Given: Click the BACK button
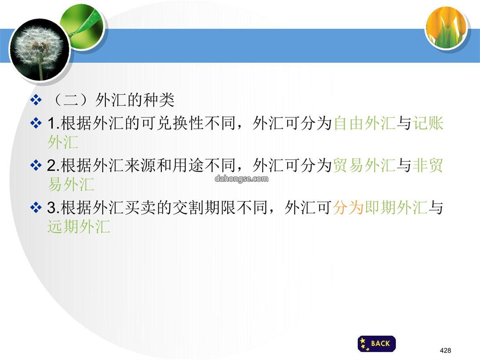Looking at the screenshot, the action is point(376,344).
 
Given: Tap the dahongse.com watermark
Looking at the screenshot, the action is point(241,179).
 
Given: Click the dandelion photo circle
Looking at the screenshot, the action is point(39,50).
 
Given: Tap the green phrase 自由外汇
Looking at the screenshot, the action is point(364,123).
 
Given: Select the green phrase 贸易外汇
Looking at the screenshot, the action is point(364,165).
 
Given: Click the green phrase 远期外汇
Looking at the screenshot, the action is point(79,227).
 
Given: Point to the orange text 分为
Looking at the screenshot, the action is point(349,208).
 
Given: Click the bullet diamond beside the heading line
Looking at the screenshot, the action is point(36,100).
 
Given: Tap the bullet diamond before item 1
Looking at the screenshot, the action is point(36,123).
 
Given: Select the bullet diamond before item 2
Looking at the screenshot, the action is point(36,165).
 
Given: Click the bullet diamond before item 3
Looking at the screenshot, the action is point(36,208).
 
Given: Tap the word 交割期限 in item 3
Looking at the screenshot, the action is point(204,208).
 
